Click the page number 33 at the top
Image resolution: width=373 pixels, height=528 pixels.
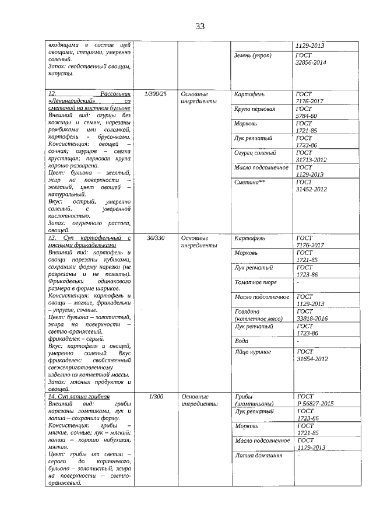[x=200, y=26]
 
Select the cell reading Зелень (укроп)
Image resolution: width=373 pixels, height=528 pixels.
[x=252, y=55]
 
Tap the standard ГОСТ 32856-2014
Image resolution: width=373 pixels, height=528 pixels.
[x=311, y=59]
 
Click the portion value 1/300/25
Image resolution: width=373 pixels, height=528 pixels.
[x=154, y=94]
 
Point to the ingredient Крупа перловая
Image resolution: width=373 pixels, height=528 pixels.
[x=254, y=109]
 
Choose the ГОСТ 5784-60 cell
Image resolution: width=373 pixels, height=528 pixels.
[x=307, y=113]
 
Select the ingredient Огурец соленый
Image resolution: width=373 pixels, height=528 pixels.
[x=256, y=152]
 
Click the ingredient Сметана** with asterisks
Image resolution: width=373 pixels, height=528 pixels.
[x=249, y=182]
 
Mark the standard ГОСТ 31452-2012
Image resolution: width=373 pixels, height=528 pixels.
[x=311, y=186]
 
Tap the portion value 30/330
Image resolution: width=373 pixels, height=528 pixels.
[x=154, y=238]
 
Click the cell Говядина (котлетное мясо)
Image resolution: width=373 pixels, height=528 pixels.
[x=258, y=315]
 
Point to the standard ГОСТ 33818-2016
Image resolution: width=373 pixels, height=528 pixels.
[x=311, y=315]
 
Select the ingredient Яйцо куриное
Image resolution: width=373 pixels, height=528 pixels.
[x=253, y=352]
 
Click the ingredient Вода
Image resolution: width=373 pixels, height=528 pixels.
[x=241, y=340]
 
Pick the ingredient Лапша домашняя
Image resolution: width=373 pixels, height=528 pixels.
[x=258, y=455]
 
